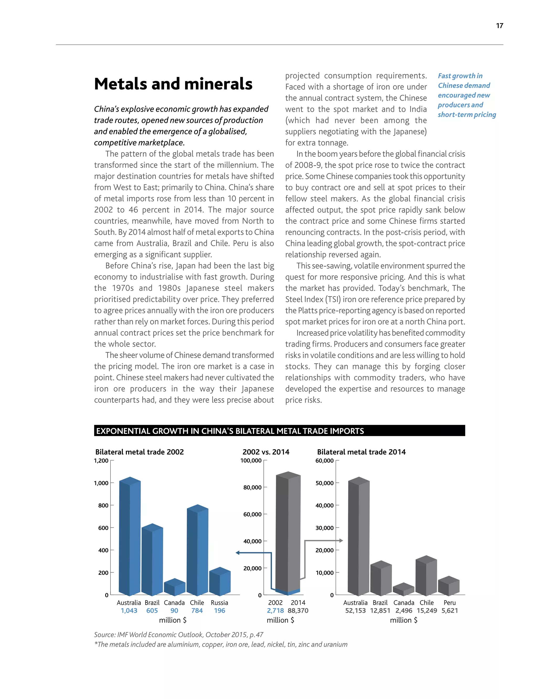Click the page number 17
(500, 26)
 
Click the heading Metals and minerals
(173, 84)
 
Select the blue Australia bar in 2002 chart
(130, 540)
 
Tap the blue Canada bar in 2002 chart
(175, 588)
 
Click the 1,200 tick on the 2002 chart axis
(101, 460)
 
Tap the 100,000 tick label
(251, 460)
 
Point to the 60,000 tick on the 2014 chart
(324, 460)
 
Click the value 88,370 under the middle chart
(298, 610)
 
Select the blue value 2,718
(275, 610)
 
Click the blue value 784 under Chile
(197, 610)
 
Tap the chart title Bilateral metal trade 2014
(361, 452)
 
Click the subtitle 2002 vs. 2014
(266, 452)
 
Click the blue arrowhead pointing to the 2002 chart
(238, 553)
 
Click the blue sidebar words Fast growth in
(460, 76)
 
